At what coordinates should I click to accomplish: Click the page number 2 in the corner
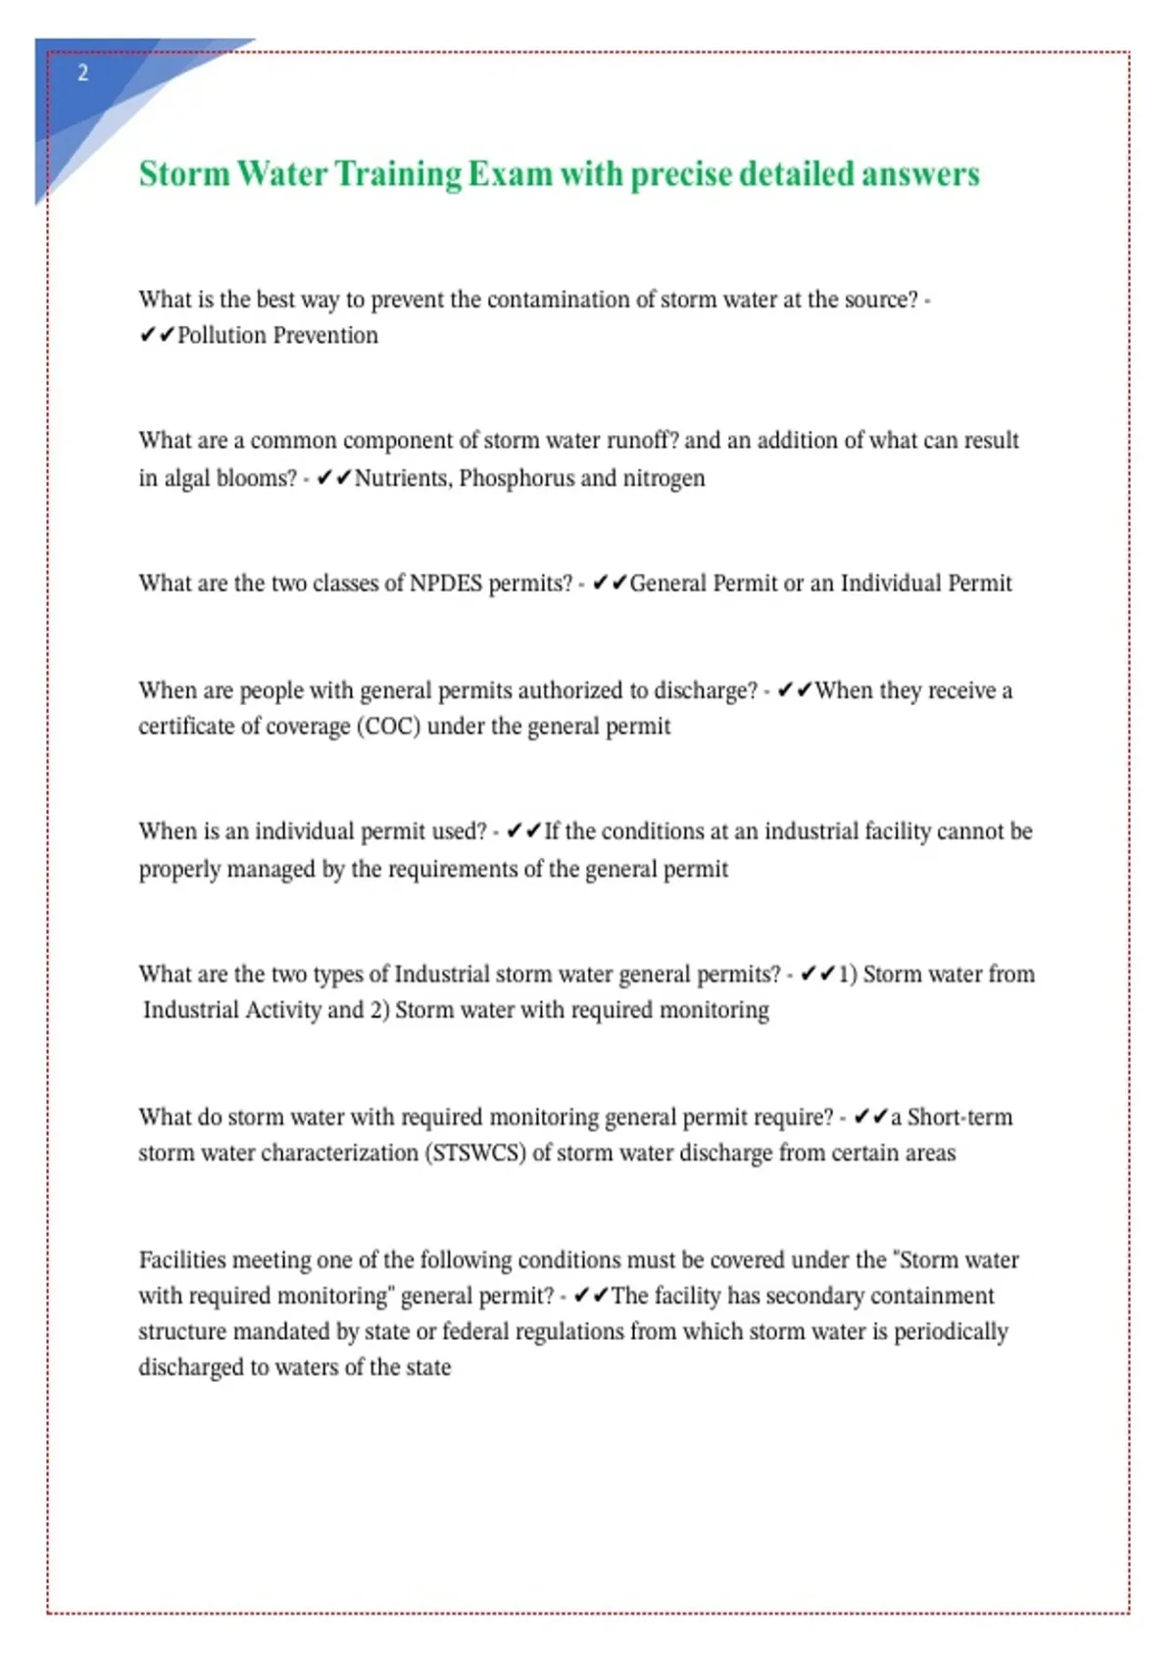pos(82,72)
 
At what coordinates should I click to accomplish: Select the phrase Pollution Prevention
pos(277,336)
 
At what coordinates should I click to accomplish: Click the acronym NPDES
pos(446,584)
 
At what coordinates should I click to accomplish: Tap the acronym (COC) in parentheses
pos(389,727)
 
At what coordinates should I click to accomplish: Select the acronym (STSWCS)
pos(475,1154)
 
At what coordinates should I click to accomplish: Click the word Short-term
pos(959,1118)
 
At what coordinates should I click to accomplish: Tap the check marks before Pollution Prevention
pos(157,336)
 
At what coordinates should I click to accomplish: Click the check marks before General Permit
pos(610,584)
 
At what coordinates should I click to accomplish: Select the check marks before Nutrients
pos(334,479)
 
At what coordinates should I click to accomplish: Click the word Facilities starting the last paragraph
pos(182,1261)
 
